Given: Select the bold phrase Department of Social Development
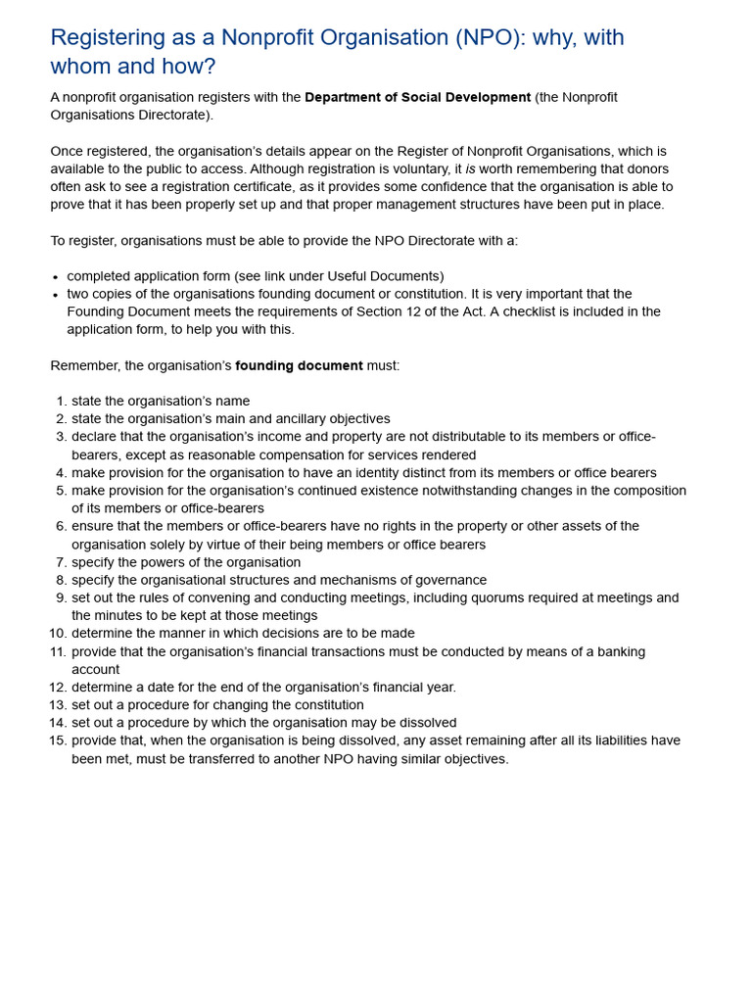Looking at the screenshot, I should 417,97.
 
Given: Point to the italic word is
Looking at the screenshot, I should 470,168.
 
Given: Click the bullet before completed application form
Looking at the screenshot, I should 56,277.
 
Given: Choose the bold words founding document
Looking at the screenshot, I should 299,365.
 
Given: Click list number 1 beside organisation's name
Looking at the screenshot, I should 60,401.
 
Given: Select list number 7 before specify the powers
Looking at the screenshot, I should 60,562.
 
